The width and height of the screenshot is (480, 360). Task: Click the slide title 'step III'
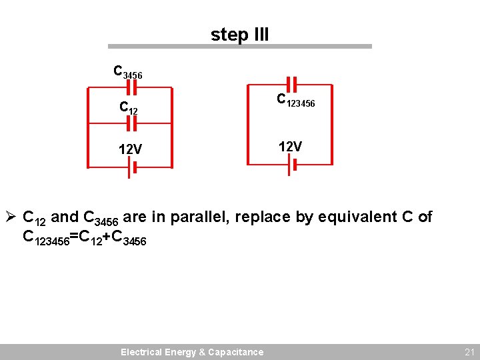tap(239, 34)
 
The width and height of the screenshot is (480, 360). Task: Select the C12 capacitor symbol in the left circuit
tap(131, 123)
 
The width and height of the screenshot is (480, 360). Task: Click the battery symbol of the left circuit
tap(131, 170)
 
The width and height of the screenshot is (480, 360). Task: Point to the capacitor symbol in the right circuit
tap(291, 85)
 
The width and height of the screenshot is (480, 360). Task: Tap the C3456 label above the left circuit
tap(127, 72)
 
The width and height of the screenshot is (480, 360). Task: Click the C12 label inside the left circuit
tap(129, 107)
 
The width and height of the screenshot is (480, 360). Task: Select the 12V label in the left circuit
tap(130, 149)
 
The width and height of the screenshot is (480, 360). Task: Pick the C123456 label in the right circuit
tap(296, 101)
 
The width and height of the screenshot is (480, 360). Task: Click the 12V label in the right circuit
tap(290, 146)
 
